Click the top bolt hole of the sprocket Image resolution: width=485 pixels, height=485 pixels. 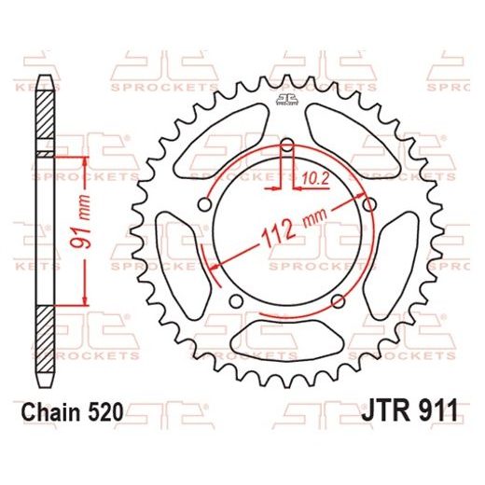286,145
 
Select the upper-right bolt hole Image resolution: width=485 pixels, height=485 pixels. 370,205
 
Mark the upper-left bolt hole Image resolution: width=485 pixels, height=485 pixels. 203,205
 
